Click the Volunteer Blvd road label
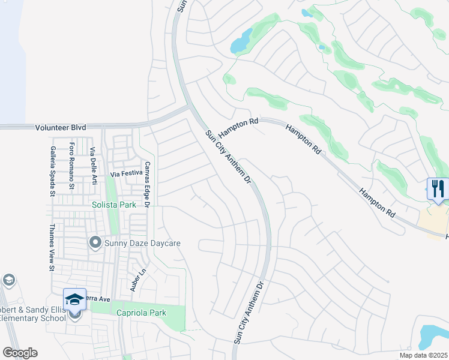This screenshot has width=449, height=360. [60, 127]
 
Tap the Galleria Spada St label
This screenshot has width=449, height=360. [53, 170]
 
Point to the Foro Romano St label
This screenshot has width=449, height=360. [72, 166]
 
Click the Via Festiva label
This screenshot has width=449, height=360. [125, 173]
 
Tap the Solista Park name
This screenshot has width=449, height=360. [112, 205]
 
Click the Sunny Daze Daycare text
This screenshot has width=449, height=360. [142, 244]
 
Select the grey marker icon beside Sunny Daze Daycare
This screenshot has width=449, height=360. [95, 243]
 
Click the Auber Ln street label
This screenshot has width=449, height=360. [142, 278]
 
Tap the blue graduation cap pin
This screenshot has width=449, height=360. [75, 299]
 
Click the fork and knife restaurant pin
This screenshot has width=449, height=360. [438, 189]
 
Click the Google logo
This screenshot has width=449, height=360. [20, 353]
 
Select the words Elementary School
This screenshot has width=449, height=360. [33, 318]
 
